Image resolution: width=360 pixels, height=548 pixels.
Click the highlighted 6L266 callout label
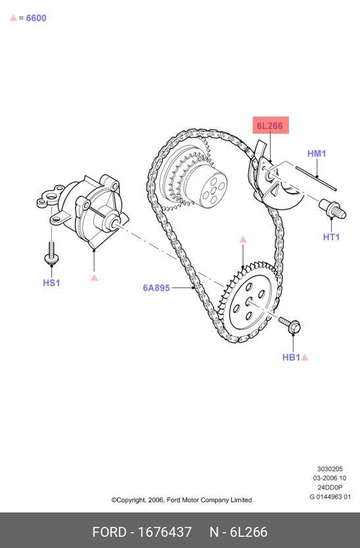point(270,125)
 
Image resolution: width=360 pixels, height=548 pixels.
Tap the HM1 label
point(317,153)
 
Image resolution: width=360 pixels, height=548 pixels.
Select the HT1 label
point(331,237)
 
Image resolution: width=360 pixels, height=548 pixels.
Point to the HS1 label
point(51,283)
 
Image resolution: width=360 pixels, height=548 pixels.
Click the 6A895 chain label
point(157,288)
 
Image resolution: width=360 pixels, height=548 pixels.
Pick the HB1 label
point(291,357)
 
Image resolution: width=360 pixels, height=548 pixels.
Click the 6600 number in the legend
point(36,18)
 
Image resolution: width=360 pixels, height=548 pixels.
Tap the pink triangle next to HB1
point(305,357)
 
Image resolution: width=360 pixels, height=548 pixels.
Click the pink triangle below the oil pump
point(94,277)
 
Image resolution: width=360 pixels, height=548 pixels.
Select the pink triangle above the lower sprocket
point(243,239)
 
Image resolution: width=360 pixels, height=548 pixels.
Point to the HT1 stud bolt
point(333,208)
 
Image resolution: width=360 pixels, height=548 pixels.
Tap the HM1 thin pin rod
point(316,178)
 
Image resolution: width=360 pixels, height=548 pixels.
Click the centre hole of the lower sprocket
point(249,301)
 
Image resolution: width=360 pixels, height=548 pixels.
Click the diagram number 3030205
point(330,469)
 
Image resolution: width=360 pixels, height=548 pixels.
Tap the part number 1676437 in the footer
point(165,532)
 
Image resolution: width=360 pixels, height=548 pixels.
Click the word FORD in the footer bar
point(109,532)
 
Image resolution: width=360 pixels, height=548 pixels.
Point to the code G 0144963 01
point(330,497)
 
